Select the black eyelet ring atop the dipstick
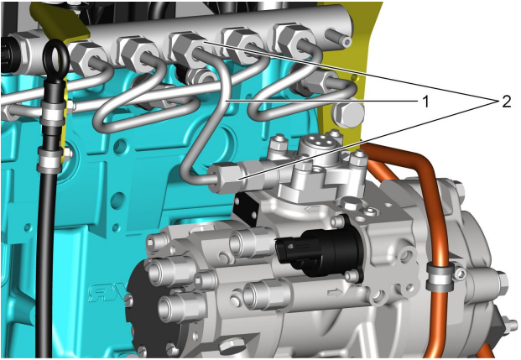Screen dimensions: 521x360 tap(55, 59)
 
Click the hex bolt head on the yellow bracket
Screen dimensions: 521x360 tap(347, 113)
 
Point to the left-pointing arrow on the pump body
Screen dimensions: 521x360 tap(311, 209)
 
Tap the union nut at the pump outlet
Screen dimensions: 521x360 tap(229, 177)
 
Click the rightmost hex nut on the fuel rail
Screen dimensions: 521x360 tap(293, 39)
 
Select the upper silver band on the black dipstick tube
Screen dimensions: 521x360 tap(53, 113)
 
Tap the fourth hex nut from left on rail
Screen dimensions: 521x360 tap(242, 44)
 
